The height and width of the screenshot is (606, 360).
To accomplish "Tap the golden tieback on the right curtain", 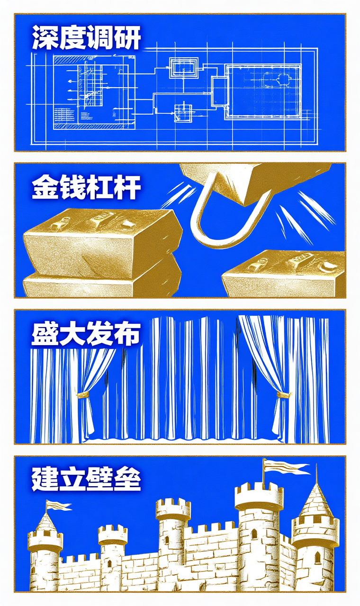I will [x=283, y=394].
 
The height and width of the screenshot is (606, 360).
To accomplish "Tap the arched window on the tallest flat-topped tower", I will [x=254, y=534].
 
